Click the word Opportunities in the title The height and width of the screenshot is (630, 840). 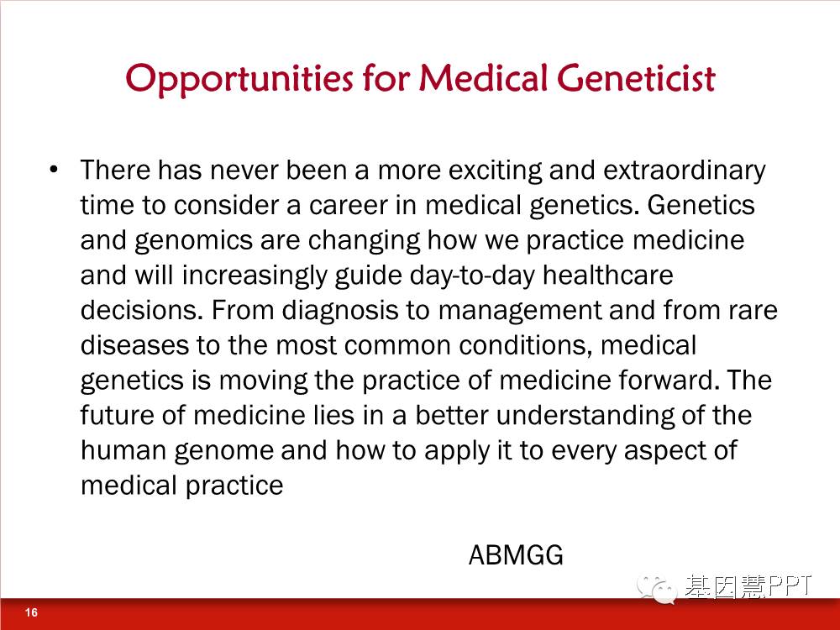(x=239, y=79)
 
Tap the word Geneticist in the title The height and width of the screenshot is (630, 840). (x=636, y=77)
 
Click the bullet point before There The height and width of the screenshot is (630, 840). (x=53, y=170)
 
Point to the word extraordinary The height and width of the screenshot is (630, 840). (x=684, y=171)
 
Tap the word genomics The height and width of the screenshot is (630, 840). (x=193, y=241)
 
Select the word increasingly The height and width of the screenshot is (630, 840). (x=255, y=276)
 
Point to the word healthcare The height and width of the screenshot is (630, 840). (x=607, y=275)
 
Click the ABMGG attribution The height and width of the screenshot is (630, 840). (x=516, y=554)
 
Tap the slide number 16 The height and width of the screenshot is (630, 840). (x=31, y=612)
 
